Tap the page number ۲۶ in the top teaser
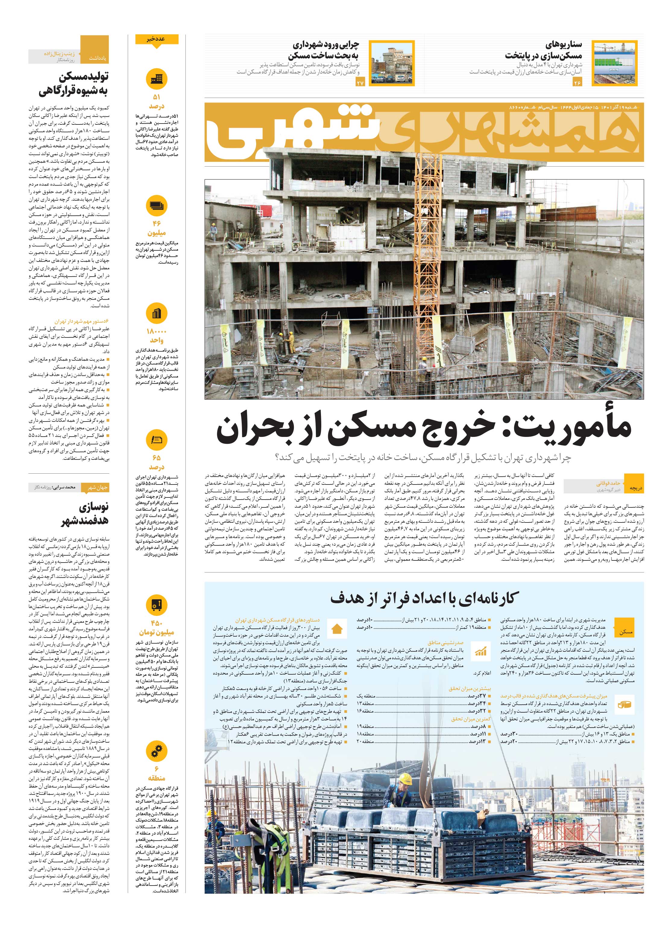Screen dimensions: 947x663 click(577, 83)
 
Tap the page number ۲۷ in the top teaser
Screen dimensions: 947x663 click(361, 83)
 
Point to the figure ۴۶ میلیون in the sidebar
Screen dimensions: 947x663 click(156, 228)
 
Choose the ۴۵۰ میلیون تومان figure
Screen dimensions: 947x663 click(156, 628)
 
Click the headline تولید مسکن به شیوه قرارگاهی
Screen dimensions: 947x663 click(74, 84)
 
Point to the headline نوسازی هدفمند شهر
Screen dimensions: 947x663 click(85, 513)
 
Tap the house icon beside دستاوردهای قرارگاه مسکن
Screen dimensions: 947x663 click(337, 629)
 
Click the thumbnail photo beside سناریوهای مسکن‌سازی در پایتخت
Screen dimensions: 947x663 click(614, 63)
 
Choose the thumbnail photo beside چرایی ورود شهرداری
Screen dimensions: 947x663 click(392, 63)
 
